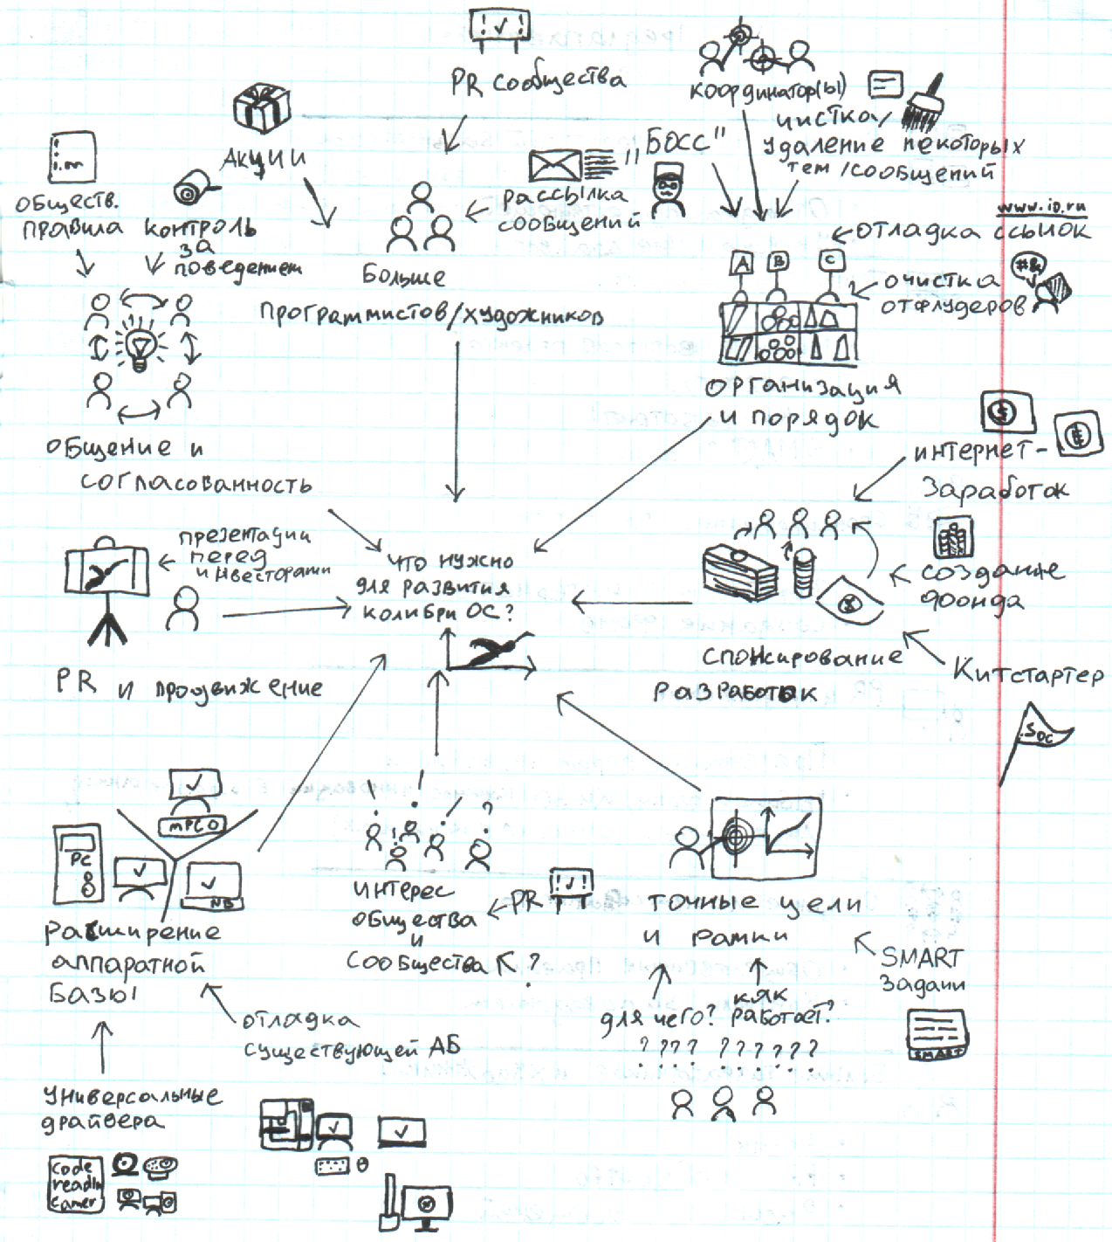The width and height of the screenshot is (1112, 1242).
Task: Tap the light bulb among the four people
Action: point(140,347)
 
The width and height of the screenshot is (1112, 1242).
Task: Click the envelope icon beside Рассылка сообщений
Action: point(555,164)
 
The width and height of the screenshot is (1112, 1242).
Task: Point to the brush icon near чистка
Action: point(922,102)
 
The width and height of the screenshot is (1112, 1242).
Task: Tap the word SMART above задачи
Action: point(921,957)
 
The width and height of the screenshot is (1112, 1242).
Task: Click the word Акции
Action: point(264,159)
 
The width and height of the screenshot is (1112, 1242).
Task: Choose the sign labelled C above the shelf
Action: point(832,261)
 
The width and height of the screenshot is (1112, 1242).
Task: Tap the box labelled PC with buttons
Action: point(79,865)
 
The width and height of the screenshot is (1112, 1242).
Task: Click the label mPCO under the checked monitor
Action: point(192,824)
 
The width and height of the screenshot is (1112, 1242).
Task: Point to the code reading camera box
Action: point(75,1184)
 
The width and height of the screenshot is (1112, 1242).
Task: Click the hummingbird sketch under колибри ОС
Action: point(490,652)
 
